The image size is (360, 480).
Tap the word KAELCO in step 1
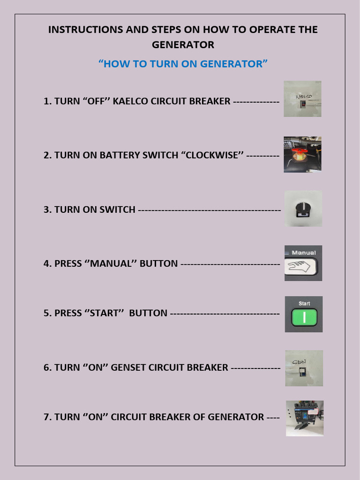tap(130, 101)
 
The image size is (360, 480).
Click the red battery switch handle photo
tap(302, 154)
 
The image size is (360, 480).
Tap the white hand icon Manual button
tap(301, 267)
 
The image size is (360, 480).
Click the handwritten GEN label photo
tap(304, 368)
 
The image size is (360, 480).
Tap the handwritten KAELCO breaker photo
tap(302, 98)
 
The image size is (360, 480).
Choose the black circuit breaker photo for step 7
tap(305, 418)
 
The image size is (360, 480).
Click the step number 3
tap(46, 210)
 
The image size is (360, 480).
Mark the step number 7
tap(46, 417)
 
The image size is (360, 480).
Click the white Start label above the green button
tap(304, 303)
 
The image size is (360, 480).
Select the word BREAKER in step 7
tap(177, 417)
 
